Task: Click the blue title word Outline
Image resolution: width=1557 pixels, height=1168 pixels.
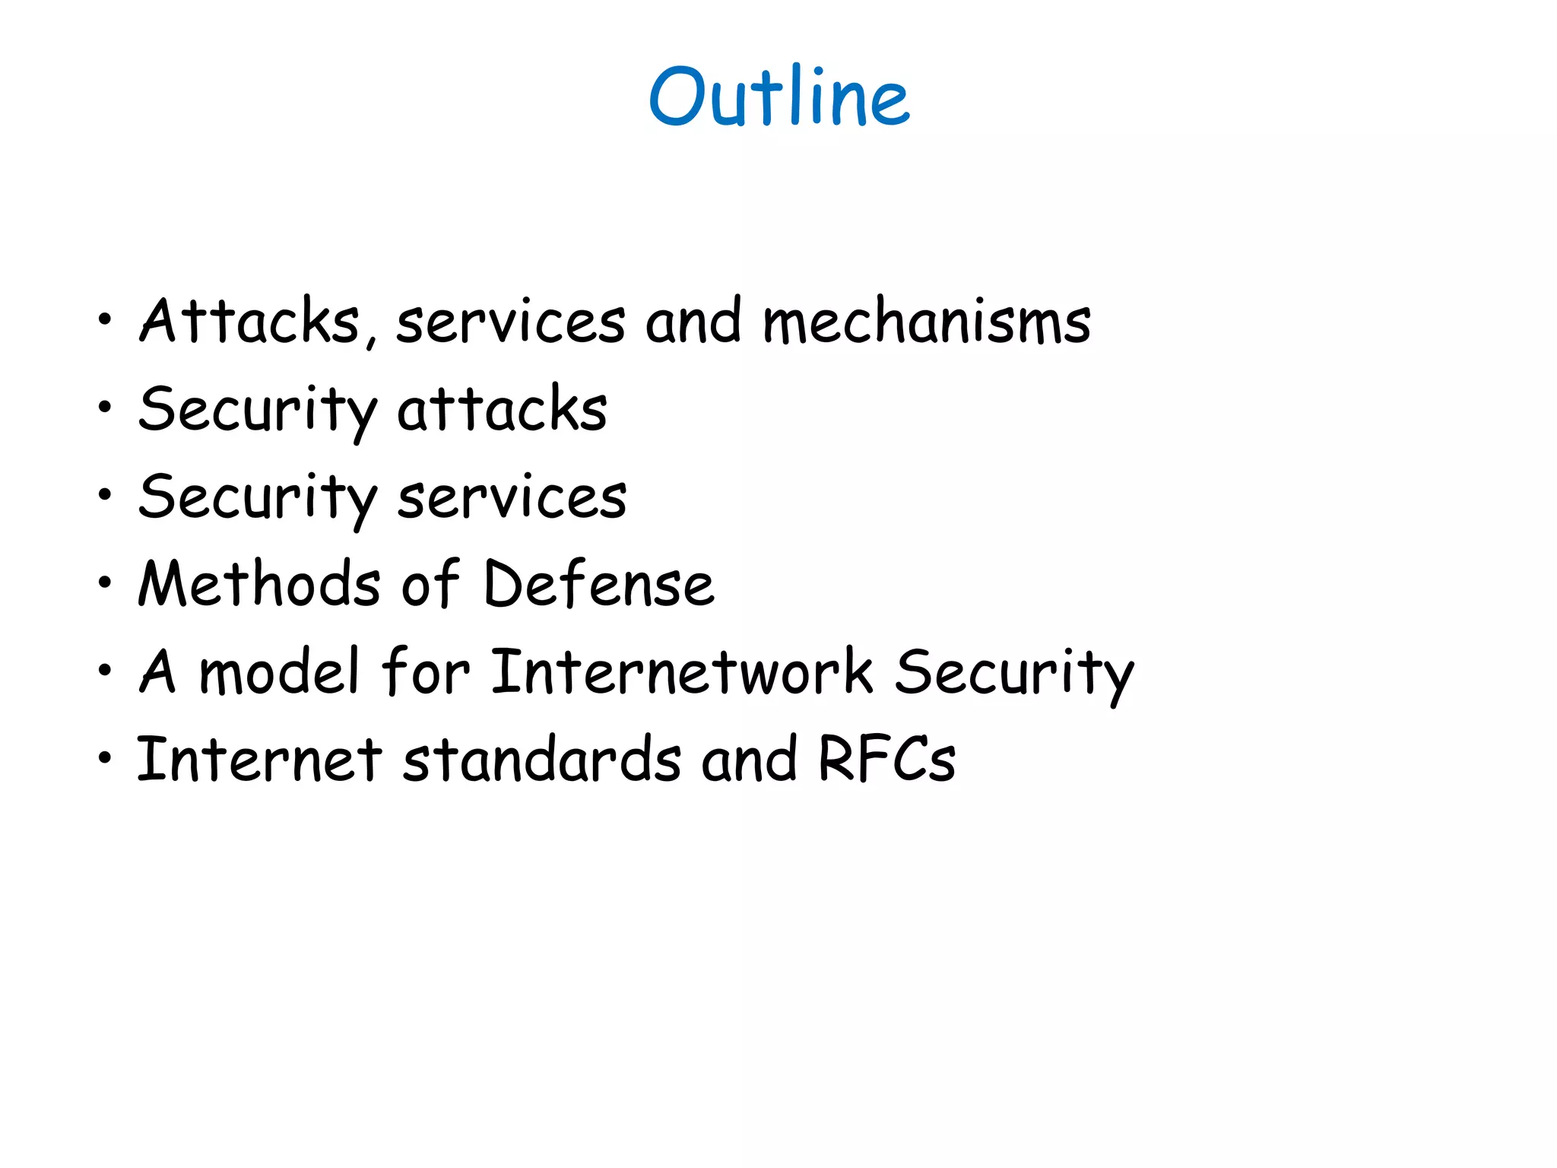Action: click(779, 97)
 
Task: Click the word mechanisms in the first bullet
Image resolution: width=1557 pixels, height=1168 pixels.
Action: click(927, 322)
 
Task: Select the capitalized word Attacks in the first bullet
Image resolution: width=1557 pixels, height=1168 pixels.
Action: click(249, 322)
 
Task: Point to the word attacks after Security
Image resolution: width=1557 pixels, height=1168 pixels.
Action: click(503, 409)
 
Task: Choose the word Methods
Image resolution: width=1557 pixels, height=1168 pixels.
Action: click(259, 584)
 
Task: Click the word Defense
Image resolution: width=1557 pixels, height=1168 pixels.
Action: click(599, 584)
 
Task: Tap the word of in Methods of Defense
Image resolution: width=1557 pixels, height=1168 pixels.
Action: click(431, 584)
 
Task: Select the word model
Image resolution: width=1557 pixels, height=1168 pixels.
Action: click(278, 671)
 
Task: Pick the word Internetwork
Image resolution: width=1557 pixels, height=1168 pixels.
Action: click(682, 671)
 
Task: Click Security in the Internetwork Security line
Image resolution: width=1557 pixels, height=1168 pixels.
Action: click(1014, 673)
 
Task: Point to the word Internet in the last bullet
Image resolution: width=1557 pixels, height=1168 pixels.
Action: click(259, 759)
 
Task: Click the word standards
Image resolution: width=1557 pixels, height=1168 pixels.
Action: click(542, 759)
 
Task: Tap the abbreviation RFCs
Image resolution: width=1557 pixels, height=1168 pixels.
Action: click(886, 759)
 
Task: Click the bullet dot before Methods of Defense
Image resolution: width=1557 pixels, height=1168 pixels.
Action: click(105, 584)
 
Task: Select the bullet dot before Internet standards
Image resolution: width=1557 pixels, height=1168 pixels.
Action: click(105, 758)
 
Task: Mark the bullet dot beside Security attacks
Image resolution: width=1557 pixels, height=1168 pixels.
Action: click(105, 408)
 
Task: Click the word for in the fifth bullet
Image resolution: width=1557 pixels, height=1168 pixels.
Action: click(426, 671)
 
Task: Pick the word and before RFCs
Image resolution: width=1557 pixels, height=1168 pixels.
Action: click(749, 759)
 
